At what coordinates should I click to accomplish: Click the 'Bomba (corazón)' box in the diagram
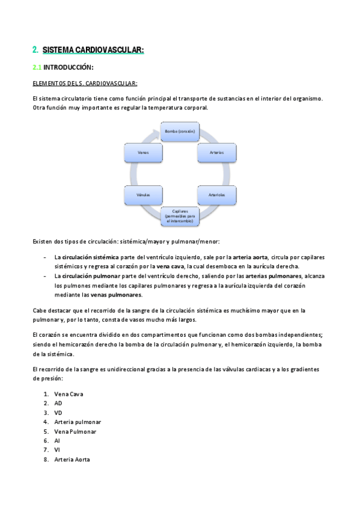[x=180, y=131]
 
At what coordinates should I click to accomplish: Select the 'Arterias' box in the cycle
[x=217, y=152]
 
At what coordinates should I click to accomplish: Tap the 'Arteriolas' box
[x=217, y=195]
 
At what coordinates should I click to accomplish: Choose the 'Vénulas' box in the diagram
[x=143, y=195]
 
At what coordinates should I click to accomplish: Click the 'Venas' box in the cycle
[x=143, y=152]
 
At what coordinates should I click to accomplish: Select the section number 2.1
[x=37, y=67]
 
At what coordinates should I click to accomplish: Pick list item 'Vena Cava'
[x=69, y=394]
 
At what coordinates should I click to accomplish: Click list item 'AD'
[x=58, y=403]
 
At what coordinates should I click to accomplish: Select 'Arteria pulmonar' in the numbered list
[x=78, y=422]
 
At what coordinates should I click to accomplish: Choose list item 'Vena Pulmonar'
[x=75, y=431]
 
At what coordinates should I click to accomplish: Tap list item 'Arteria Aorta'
[x=72, y=459]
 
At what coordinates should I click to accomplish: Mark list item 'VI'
[x=57, y=450]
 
